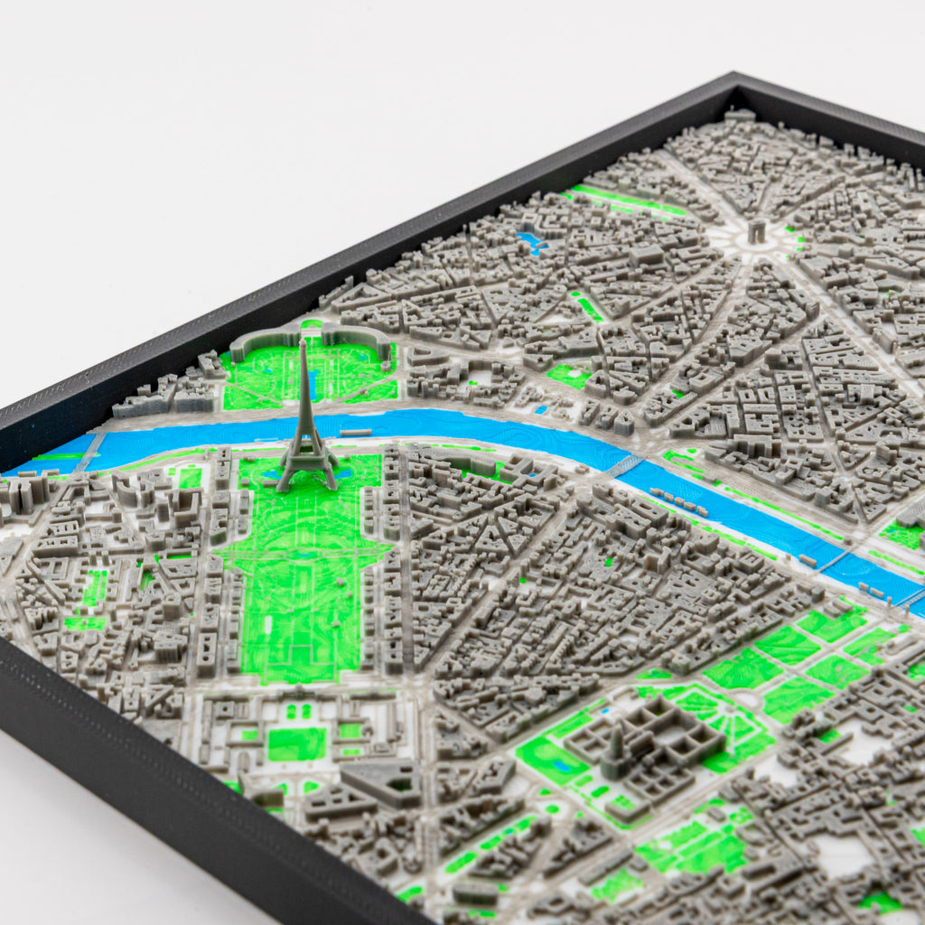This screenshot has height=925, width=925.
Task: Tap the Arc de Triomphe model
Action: coord(756,232)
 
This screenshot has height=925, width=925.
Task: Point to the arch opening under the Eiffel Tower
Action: coord(308,474)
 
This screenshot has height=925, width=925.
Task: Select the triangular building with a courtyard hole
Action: coord(385,779)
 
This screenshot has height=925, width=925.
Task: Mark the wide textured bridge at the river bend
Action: coord(623,465)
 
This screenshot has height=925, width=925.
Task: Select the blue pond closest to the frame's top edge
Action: coord(530,241)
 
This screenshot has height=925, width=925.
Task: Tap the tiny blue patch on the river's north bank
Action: coord(543,409)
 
